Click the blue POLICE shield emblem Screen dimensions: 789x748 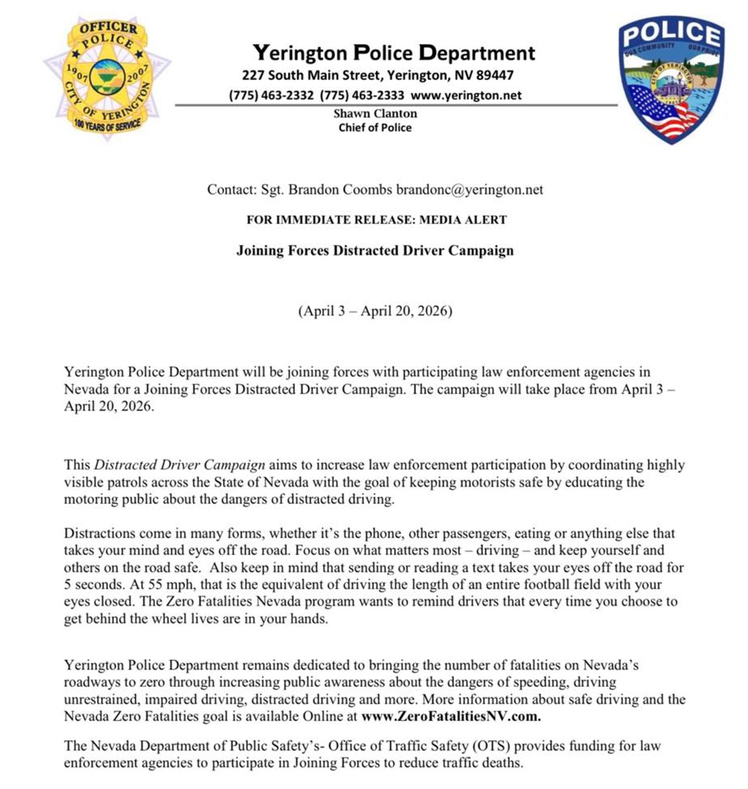pos(671,79)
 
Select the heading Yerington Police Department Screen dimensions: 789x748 pos(394,52)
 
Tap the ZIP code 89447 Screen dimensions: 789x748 pos(495,75)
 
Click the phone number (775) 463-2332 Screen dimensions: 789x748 pos(271,95)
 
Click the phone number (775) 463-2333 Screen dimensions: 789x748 pos(362,95)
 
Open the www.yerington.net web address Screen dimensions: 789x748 pos(466,95)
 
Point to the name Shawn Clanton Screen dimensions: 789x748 pos(375,114)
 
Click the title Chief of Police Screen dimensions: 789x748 pos(375,128)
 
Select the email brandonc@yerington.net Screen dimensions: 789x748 pos(469,189)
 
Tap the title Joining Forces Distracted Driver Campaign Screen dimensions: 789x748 pos(375,250)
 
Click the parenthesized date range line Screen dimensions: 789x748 pos(375,311)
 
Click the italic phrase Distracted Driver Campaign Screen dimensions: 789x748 pos(180,465)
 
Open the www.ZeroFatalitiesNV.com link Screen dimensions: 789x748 pos(451,717)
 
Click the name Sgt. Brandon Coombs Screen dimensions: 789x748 pos(326,189)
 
